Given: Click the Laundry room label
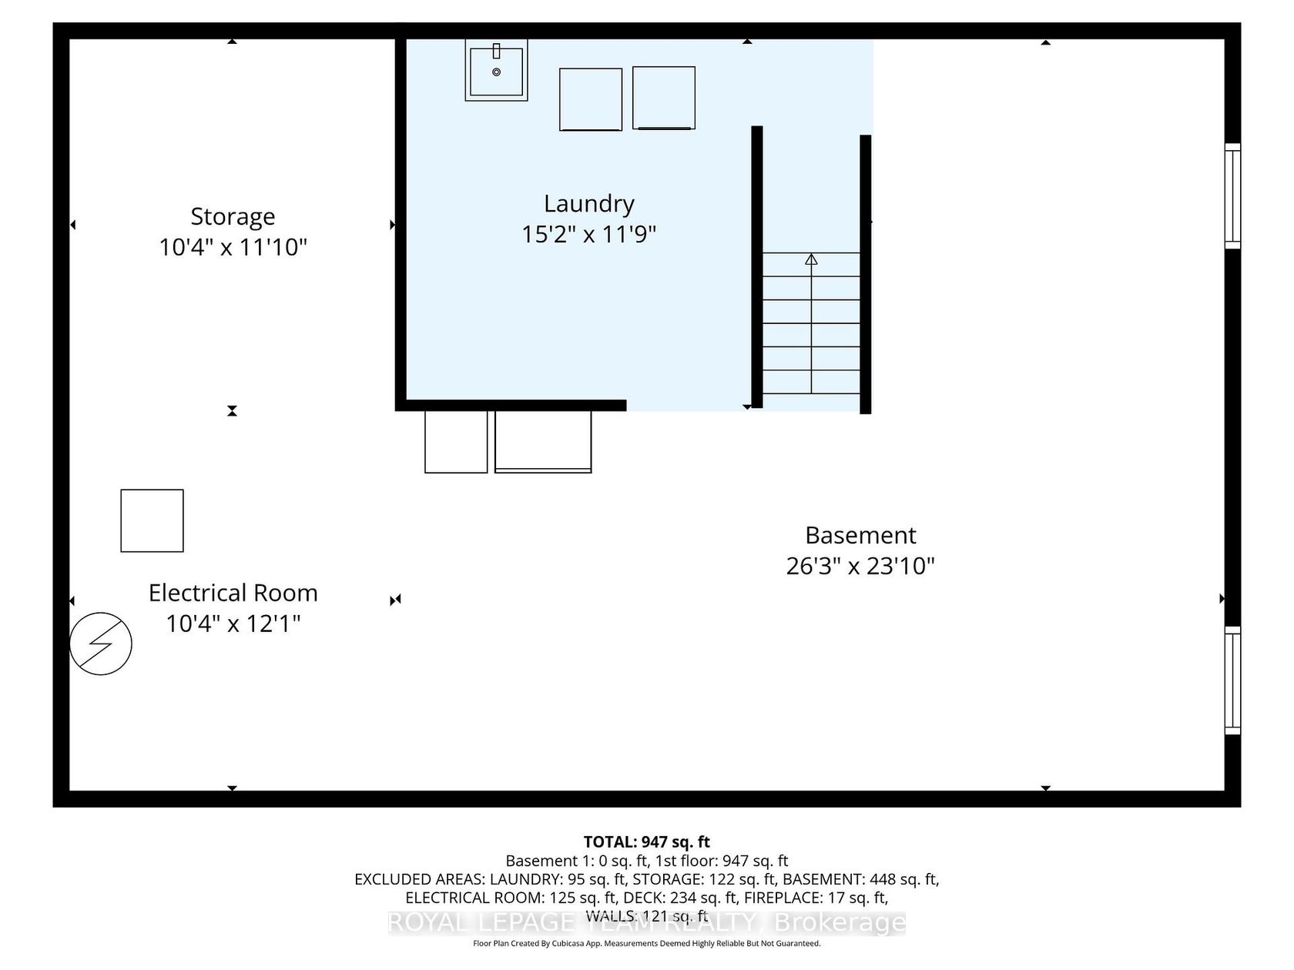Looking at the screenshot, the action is (x=588, y=204).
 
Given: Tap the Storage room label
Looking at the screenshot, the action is (x=233, y=217).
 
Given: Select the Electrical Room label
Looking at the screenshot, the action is (x=233, y=593).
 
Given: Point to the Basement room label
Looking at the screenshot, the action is (x=860, y=535).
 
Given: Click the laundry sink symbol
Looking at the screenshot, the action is (x=496, y=69).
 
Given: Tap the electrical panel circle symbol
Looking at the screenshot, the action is (x=100, y=643).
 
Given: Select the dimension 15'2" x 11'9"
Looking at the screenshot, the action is (x=588, y=234).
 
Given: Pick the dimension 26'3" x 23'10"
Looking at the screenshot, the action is (x=860, y=566).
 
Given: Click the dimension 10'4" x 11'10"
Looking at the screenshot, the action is (x=233, y=247).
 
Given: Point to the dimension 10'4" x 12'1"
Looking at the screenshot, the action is (x=233, y=623).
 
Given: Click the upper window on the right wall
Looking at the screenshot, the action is (x=1232, y=196).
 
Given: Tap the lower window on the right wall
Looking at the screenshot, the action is (x=1232, y=681).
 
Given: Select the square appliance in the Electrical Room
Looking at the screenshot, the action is (x=152, y=520).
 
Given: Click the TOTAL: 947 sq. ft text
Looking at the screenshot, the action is (x=647, y=841).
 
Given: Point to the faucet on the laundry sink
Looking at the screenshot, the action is (x=496, y=52).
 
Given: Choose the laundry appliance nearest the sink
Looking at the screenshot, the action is (x=591, y=99).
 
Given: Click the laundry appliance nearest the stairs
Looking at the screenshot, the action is (x=664, y=98).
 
